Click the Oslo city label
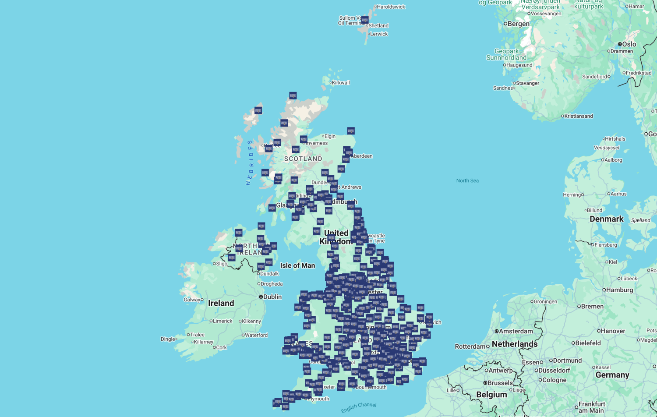click(x=629, y=44)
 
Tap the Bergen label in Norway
click(x=518, y=24)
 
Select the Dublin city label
click(x=272, y=297)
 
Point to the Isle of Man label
click(x=297, y=265)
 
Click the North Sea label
click(x=467, y=180)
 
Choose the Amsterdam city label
click(x=516, y=331)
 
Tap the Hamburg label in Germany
click(x=619, y=290)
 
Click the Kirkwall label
click(x=341, y=83)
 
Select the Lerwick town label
click(x=379, y=34)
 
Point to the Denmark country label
click(x=606, y=219)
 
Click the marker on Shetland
click(x=365, y=20)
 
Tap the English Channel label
click(x=359, y=407)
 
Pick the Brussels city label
click(x=500, y=383)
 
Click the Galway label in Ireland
click(x=192, y=300)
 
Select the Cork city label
click(x=221, y=347)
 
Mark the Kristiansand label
click(x=578, y=116)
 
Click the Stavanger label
click(x=527, y=83)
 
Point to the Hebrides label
click(x=250, y=163)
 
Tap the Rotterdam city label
click(x=470, y=346)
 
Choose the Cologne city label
click(x=554, y=380)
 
